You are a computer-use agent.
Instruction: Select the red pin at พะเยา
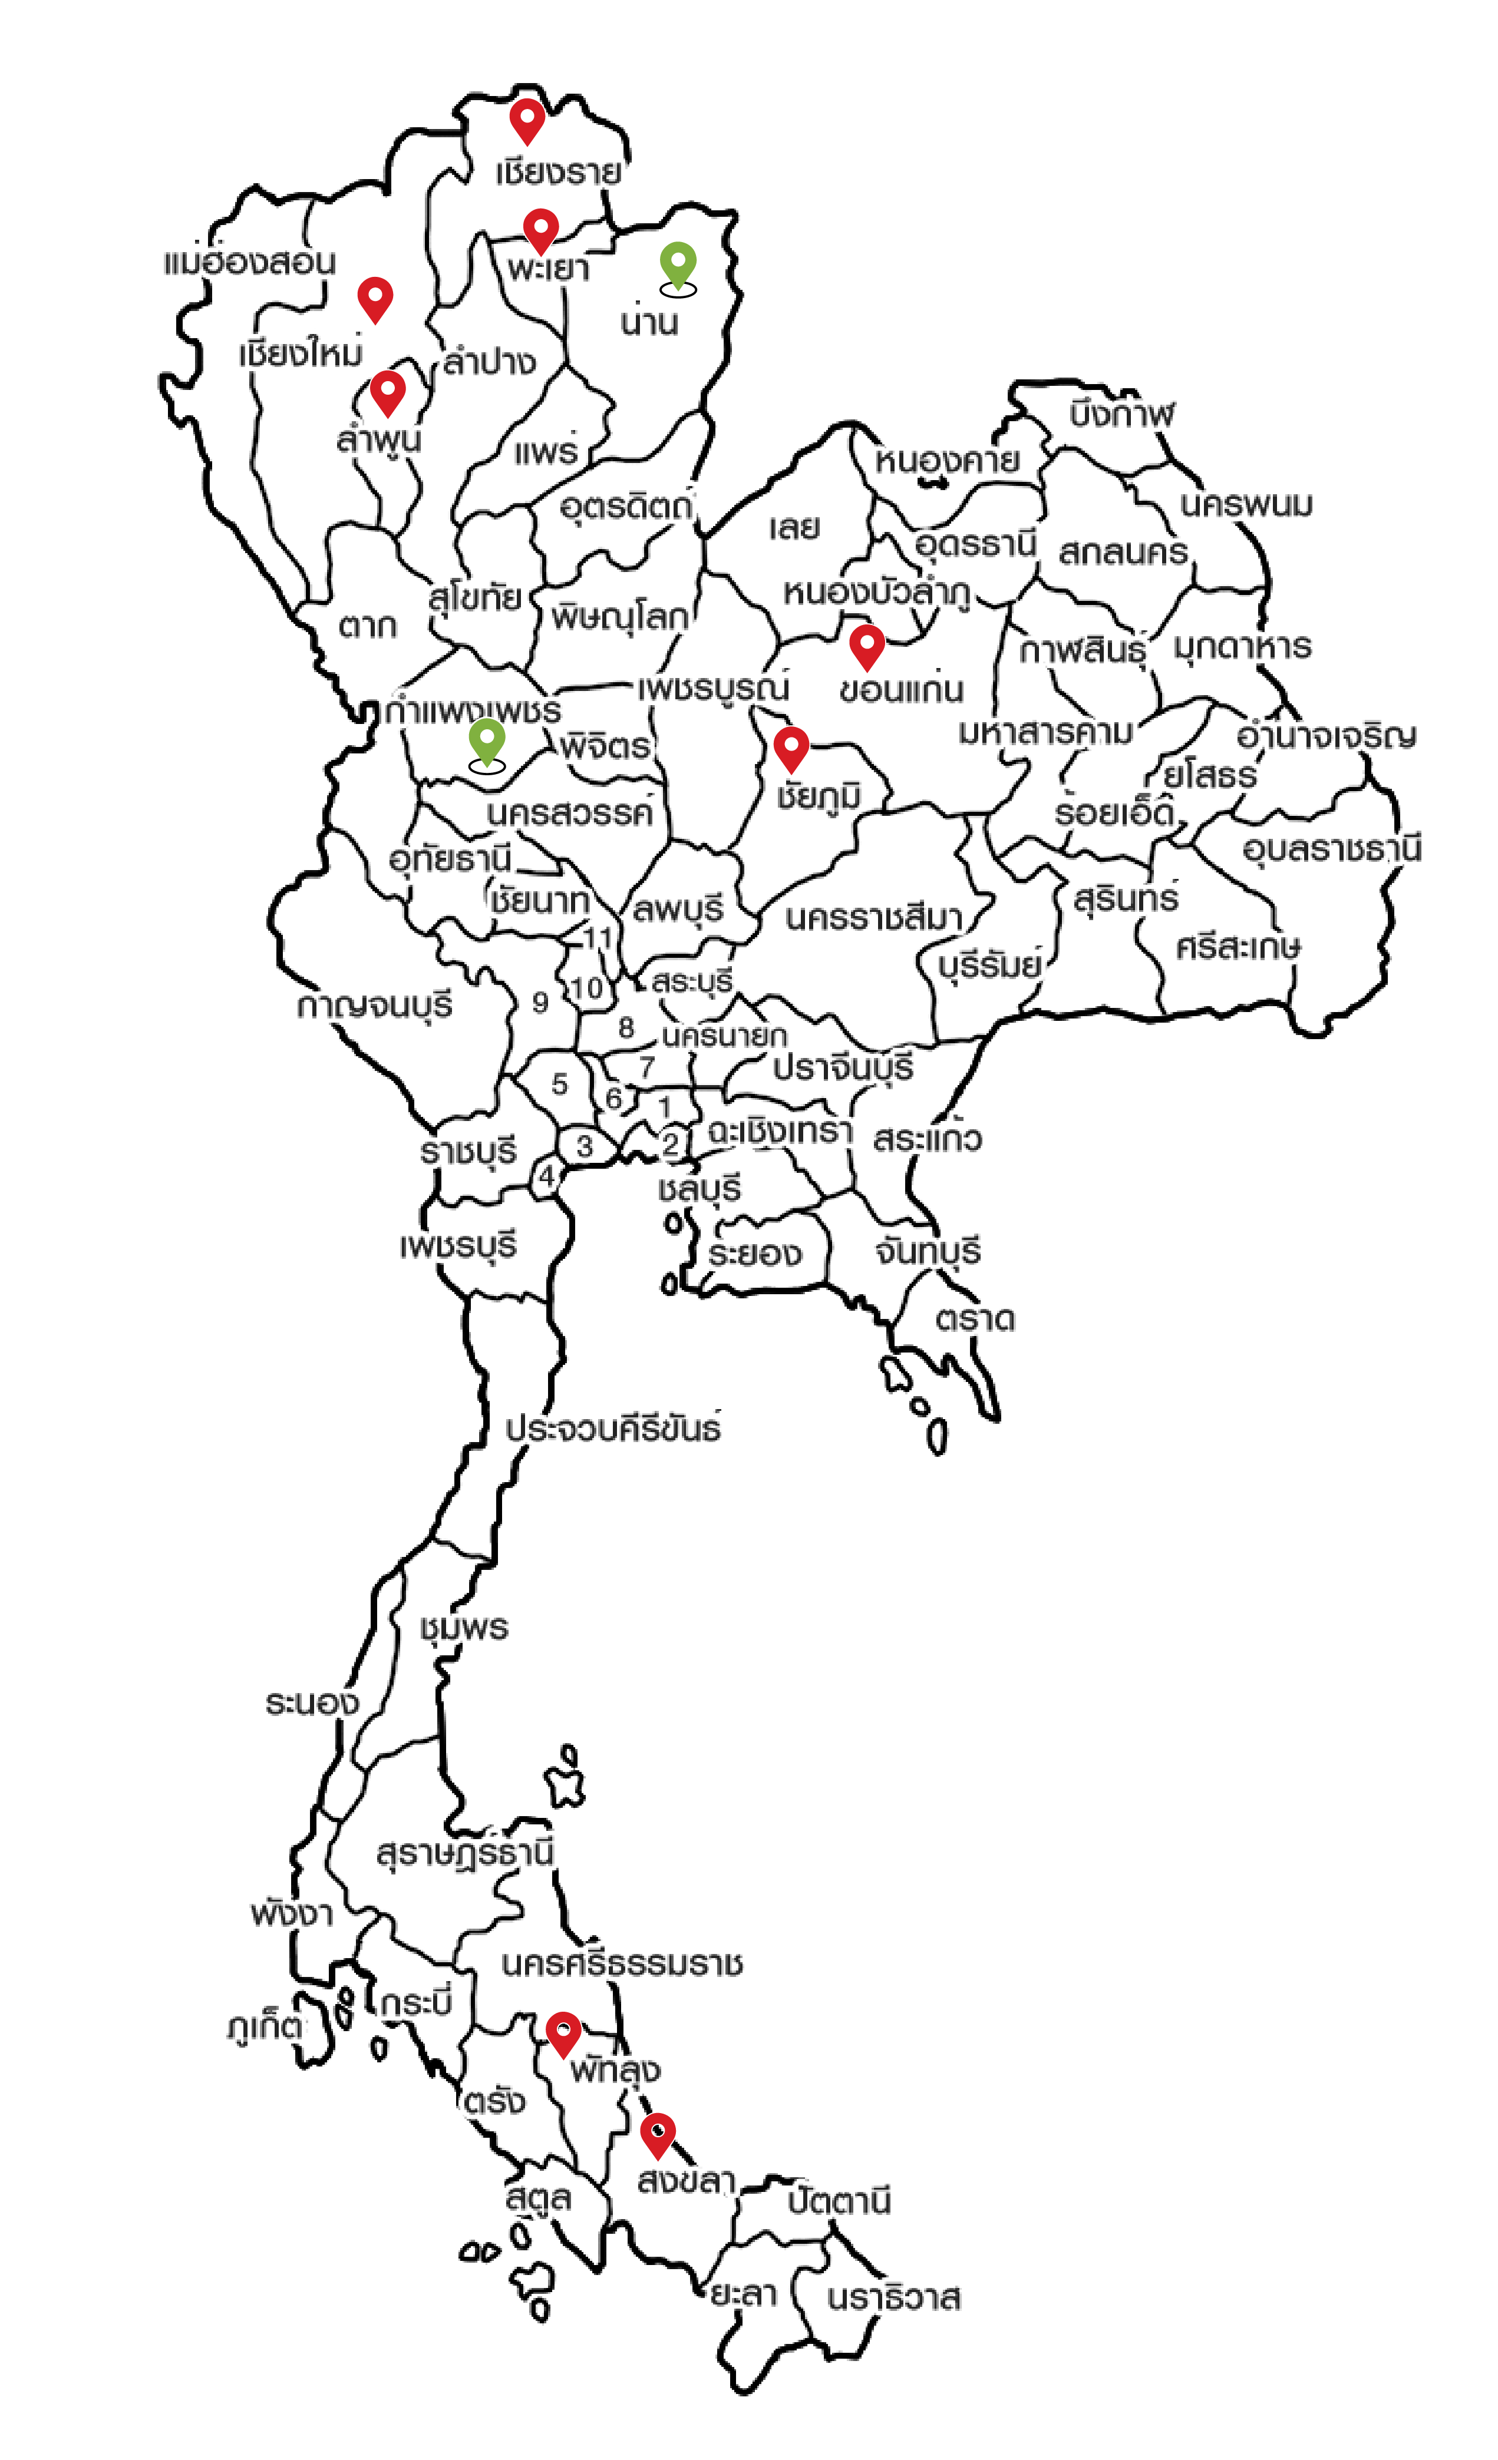coord(540,230)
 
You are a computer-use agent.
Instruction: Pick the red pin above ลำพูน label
coord(388,391)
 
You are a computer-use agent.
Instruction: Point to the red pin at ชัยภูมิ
coord(791,747)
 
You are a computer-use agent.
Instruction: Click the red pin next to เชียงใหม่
coord(375,297)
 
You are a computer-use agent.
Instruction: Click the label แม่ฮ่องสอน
coord(250,263)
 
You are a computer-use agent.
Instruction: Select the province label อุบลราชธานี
coord(1331,849)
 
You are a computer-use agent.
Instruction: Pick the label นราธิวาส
coord(894,2298)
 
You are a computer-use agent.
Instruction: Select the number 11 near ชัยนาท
coord(597,937)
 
